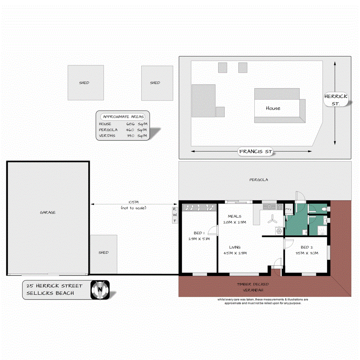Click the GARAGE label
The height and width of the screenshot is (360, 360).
coord(48,212)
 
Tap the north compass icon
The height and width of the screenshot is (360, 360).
coord(100,290)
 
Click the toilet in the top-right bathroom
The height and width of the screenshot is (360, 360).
coord(327,209)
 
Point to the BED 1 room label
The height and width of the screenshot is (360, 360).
coord(199,233)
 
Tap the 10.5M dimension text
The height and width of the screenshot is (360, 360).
coord(133,202)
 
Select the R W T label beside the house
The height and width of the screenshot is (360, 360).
coord(175,215)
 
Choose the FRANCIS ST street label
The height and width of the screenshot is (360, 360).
coord(255,152)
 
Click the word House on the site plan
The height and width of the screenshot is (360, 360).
coord(273,108)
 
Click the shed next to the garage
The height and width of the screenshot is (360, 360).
coord(103,253)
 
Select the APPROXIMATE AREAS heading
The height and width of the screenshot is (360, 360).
coord(123,116)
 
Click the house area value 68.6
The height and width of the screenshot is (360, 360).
coord(130,124)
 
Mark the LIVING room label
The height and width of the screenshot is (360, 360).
coord(234,247)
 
